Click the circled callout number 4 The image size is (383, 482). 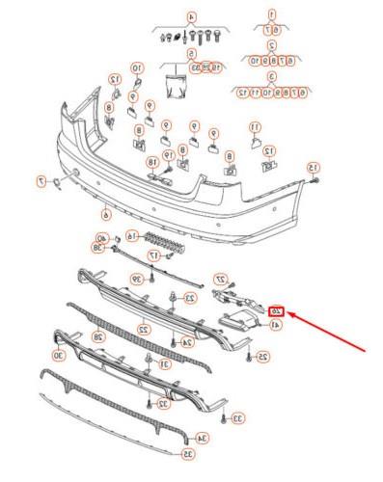point(190,17)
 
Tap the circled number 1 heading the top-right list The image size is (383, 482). point(272,13)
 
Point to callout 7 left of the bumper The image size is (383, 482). point(41,180)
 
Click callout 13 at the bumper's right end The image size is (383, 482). point(313,169)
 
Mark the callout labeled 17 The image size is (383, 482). point(126,255)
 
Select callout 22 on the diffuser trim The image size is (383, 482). point(143,329)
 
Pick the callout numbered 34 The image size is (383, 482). point(202,439)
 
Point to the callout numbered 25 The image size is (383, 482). point(262,357)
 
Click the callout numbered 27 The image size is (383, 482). point(219,278)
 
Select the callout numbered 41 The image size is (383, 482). point(276,326)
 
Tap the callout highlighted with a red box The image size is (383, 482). point(277,310)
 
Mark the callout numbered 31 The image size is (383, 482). point(164,364)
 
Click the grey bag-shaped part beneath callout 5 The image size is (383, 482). point(178,86)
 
